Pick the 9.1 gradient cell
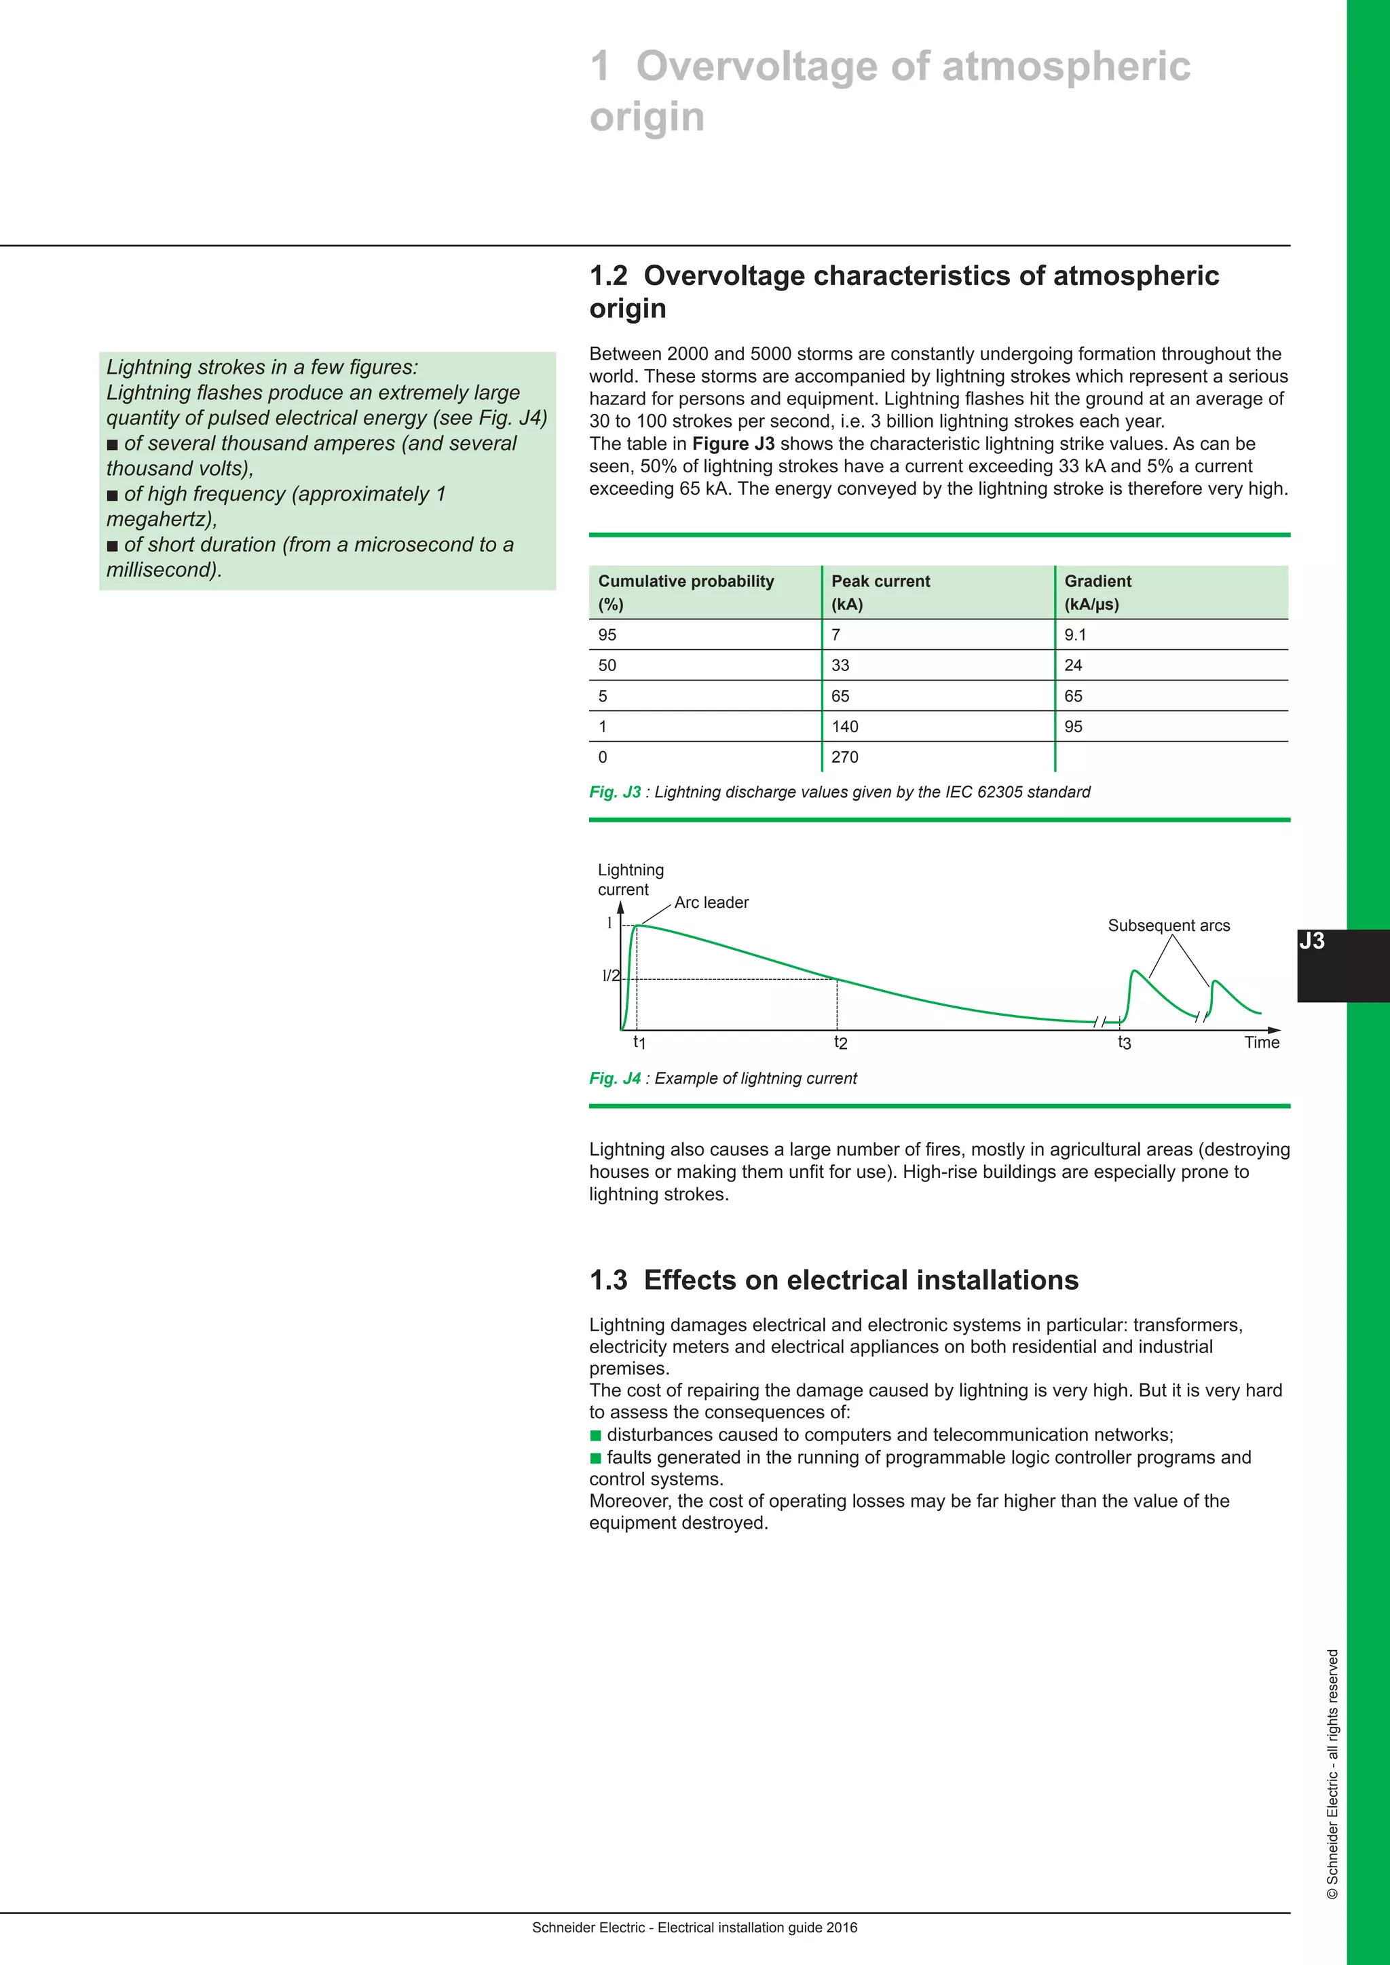pyautogui.click(x=1075, y=635)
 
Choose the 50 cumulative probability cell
pyautogui.click(x=607, y=666)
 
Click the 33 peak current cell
pyautogui.click(x=840, y=666)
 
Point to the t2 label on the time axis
pyautogui.click(x=840, y=1042)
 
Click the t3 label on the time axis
pyautogui.click(x=1124, y=1042)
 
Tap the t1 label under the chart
pyautogui.click(x=639, y=1042)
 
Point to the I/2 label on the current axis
pyautogui.click(x=610, y=976)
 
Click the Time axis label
pyautogui.click(x=1262, y=1042)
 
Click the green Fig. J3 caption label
pyautogui.click(x=614, y=793)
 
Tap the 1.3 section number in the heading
pyautogui.click(x=607, y=1280)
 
